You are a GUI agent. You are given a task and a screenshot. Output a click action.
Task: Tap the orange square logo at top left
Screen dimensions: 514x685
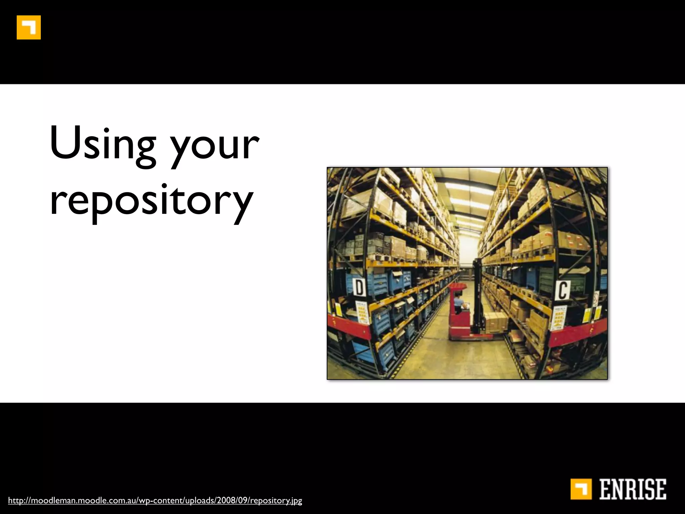[29, 27]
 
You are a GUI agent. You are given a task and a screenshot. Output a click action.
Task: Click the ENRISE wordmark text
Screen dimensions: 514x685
[632, 489]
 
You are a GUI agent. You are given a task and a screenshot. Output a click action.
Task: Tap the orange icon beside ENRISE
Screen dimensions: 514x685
[581, 489]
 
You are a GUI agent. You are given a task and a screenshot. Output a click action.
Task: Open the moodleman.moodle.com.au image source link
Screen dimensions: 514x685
[155, 501]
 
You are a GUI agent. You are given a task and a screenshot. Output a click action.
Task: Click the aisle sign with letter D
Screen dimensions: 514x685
[359, 287]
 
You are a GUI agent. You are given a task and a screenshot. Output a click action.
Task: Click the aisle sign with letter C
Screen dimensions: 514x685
[562, 290]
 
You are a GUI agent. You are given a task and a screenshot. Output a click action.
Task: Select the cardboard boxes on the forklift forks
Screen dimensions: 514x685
[496, 322]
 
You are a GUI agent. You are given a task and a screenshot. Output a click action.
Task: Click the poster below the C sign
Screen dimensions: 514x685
[559, 317]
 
